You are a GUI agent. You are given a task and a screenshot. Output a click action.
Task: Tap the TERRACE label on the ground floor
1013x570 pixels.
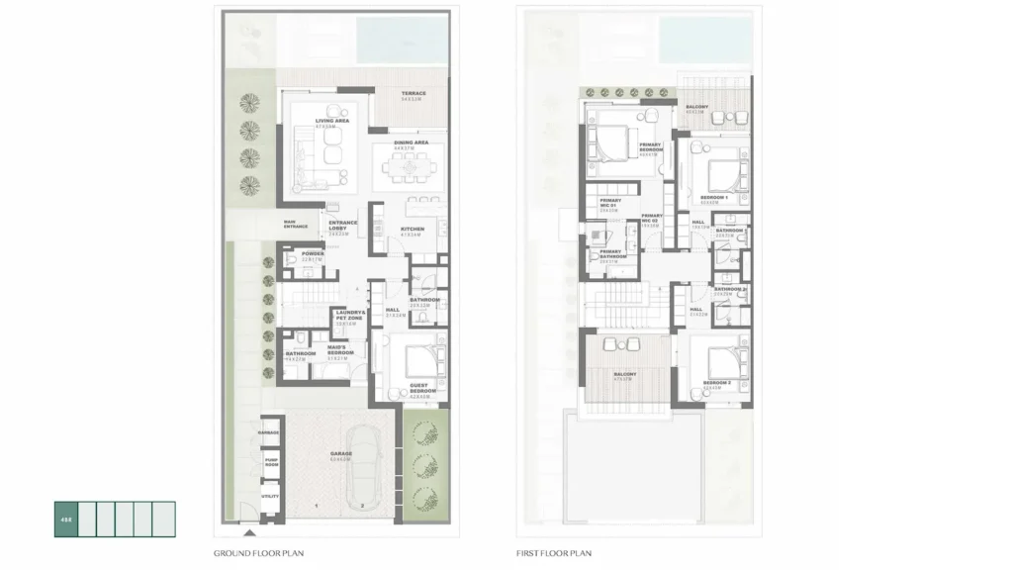pos(414,94)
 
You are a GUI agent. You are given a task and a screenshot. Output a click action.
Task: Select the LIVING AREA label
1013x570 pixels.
pos(332,121)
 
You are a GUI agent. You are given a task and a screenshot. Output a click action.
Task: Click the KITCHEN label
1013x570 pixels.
pos(412,230)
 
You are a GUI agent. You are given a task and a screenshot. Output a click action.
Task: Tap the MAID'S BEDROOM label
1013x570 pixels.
pos(336,347)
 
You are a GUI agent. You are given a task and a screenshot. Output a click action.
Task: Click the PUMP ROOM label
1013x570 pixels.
pos(269,462)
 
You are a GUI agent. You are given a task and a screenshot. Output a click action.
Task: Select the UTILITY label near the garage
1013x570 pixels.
pos(269,496)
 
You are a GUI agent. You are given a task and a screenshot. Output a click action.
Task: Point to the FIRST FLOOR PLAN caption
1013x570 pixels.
pos(553,553)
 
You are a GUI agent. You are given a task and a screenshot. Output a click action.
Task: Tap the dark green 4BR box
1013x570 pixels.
pos(64,519)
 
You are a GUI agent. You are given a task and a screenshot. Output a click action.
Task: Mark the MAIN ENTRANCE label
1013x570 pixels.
pos(296,225)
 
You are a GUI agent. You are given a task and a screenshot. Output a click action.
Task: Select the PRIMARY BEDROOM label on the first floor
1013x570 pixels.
pos(650,147)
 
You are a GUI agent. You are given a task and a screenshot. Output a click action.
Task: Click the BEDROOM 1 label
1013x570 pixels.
pos(714,198)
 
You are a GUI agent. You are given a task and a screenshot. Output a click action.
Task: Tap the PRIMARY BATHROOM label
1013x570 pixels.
pos(610,254)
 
